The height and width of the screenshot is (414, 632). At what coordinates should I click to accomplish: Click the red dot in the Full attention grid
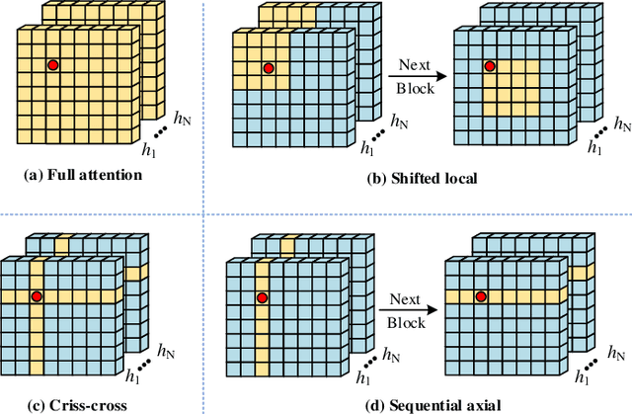(x=52, y=65)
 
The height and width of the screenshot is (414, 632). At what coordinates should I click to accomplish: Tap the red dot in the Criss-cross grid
(x=38, y=296)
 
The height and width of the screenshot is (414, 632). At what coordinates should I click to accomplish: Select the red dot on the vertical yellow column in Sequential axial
(x=263, y=296)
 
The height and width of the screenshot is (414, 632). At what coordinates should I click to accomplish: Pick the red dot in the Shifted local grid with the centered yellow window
(x=488, y=66)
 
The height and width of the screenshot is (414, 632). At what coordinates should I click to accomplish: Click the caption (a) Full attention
(x=83, y=176)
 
